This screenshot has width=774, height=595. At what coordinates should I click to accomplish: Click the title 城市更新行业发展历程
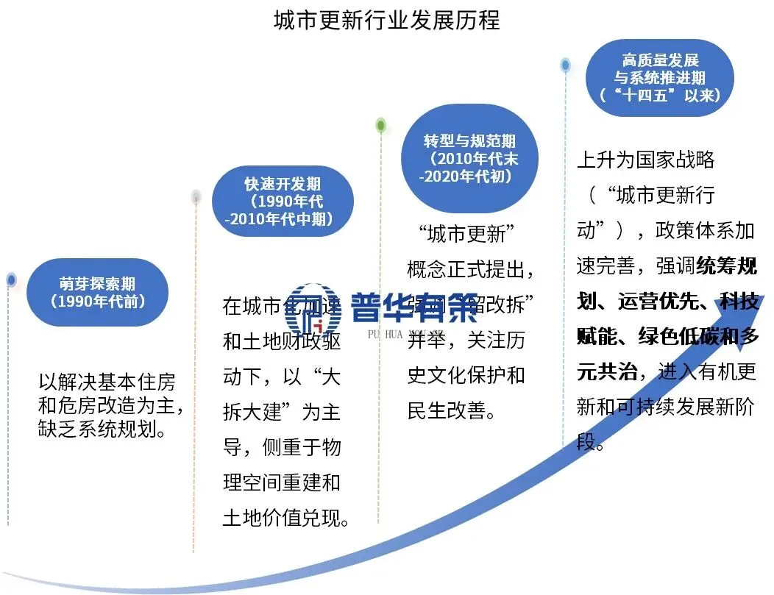point(386,20)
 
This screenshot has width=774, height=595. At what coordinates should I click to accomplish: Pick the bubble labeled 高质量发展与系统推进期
point(660,77)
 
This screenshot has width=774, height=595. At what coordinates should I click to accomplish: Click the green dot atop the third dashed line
point(380,125)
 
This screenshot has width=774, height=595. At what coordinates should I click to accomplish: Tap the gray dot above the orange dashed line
point(196,196)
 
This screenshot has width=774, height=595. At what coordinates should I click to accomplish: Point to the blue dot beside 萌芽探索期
point(11,279)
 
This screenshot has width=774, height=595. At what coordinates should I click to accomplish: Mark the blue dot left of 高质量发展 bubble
point(565,65)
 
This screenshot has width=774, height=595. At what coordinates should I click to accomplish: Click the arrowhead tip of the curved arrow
point(766,296)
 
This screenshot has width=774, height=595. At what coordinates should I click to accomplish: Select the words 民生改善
point(449,410)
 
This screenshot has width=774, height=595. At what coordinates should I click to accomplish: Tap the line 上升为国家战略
point(646,160)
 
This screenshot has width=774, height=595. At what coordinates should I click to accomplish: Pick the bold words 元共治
point(607,373)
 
